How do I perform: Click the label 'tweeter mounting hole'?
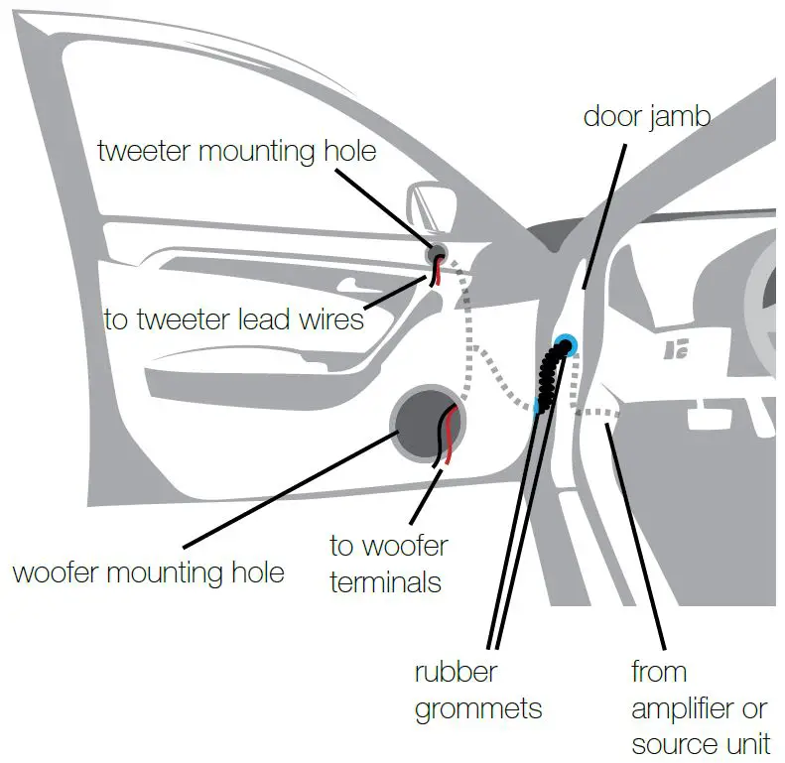point(237,152)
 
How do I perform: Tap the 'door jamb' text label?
point(646,116)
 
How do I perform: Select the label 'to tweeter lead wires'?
point(233,319)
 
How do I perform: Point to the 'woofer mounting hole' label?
point(148,572)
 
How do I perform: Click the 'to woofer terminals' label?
point(388,563)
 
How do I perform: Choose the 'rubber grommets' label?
point(477,691)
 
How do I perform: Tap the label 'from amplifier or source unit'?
point(699,708)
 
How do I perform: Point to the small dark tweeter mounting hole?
point(435,254)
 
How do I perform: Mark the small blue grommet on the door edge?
point(537,406)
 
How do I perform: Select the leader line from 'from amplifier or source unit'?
point(635,536)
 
